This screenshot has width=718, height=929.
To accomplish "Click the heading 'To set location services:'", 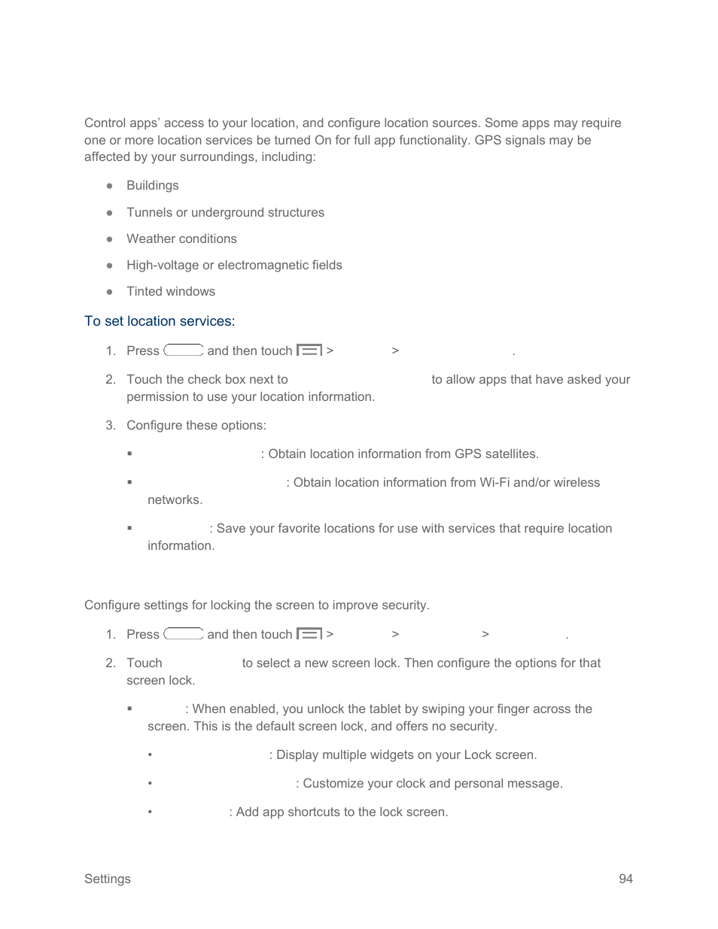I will pos(160,321).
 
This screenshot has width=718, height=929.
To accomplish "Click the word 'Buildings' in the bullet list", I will pos(153,186).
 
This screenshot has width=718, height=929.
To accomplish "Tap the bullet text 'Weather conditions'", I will pos(181,239).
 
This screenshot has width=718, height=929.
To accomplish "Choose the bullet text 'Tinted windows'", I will pos(171,292).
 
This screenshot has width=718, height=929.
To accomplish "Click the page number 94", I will pos(625,879).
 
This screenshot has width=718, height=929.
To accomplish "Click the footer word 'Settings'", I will pos(108,879).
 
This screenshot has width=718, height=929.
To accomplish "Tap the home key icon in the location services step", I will pos(184,351).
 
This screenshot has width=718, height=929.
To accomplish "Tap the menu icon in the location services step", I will pos(309,351).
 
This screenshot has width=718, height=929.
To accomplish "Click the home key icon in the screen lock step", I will pos(184,634).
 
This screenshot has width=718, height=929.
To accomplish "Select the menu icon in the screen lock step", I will pos(309,634).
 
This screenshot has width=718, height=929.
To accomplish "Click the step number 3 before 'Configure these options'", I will pos(111,426).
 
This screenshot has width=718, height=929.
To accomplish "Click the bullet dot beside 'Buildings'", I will pos(110,186).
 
